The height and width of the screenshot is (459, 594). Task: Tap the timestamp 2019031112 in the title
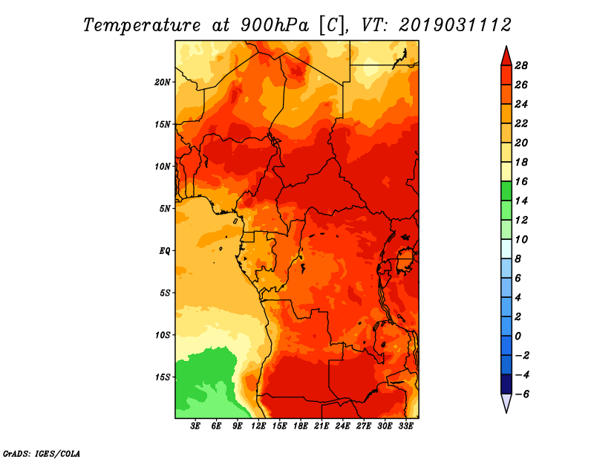pyautogui.click(x=455, y=25)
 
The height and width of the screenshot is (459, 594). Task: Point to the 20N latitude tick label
pyautogui.click(x=163, y=82)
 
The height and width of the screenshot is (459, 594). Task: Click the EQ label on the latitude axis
pyautogui.click(x=165, y=250)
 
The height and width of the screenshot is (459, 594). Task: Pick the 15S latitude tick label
pyautogui.click(x=163, y=377)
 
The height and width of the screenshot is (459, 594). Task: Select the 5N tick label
pyautogui.click(x=165, y=208)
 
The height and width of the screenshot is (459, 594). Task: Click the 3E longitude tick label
pyautogui.click(x=196, y=426)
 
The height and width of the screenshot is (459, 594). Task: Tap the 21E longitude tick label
pyautogui.click(x=322, y=426)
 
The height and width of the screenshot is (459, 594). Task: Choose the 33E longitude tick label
pyautogui.click(x=405, y=426)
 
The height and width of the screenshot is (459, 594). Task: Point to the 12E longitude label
pyautogui.click(x=258, y=426)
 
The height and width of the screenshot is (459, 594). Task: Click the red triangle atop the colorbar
pyautogui.click(x=506, y=56)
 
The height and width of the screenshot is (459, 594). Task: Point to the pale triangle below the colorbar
pyautogui.click(x=506, y=403)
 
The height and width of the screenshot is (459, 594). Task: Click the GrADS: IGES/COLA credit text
pyautogui.click(x=42, y=452)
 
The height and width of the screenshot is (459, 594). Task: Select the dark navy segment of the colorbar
pyautogui.click(x=506, y=384)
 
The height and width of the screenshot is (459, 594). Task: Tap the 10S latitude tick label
pyautogui.click(x=163, y=335)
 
